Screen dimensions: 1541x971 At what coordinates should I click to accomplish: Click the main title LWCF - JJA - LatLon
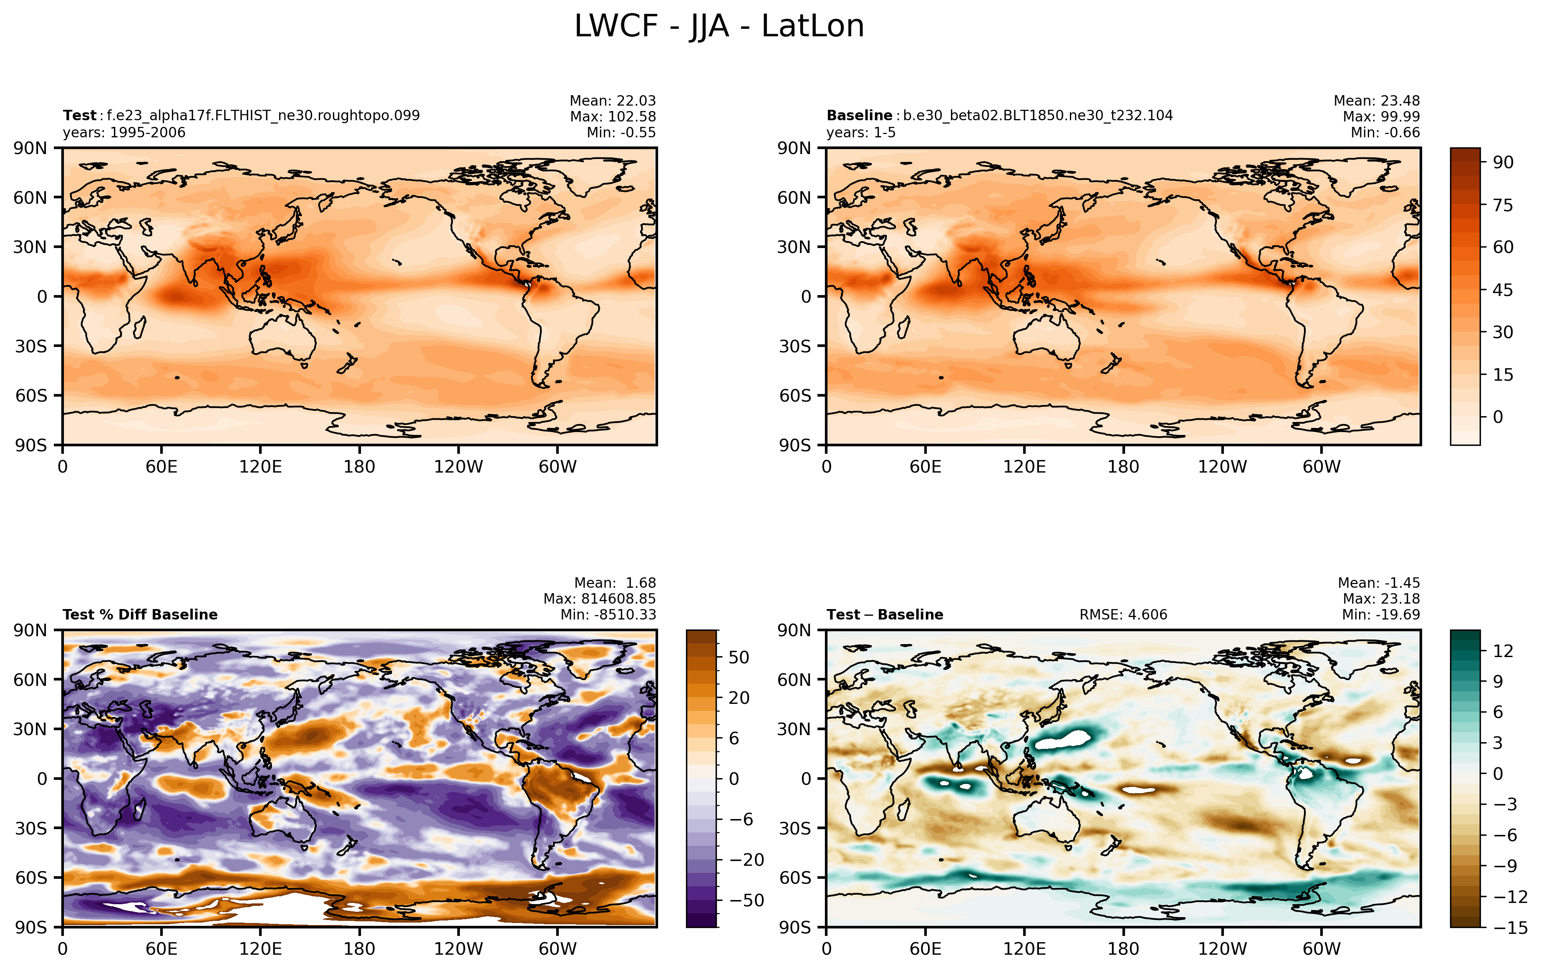[719, 27]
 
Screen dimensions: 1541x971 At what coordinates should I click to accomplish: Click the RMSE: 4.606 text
[1123, 615]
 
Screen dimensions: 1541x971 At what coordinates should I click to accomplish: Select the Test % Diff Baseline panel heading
[140, 615]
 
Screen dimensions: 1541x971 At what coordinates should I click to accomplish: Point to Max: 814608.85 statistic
[600, 599]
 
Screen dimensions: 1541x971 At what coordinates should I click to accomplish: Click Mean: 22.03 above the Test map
[613, 101]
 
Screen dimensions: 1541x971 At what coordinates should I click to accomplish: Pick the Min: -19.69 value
[1381, 615]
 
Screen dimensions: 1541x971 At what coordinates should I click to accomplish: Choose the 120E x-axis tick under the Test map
[260, 467]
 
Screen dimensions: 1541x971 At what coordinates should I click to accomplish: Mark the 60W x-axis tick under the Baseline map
[1322, 467]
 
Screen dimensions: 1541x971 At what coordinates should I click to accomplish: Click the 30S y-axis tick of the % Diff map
[31, 828]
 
